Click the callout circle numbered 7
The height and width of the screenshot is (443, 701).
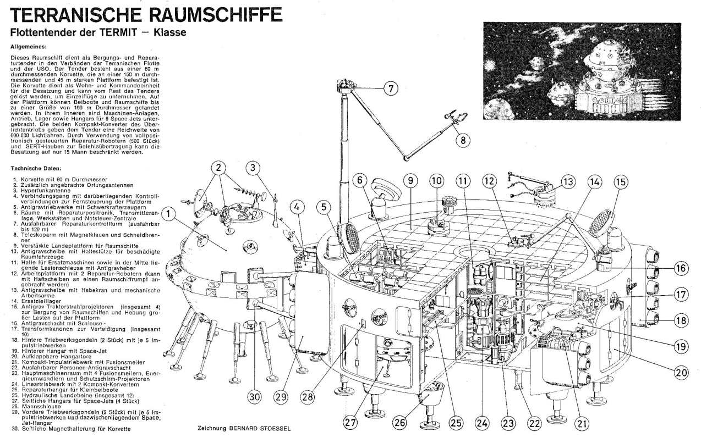(390, 88)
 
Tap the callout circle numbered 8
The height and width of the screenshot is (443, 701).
(463, 140)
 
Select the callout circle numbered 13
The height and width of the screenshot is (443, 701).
(569, 181)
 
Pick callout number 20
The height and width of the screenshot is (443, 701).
(682, 372)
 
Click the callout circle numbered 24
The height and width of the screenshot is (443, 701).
(483, 423)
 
